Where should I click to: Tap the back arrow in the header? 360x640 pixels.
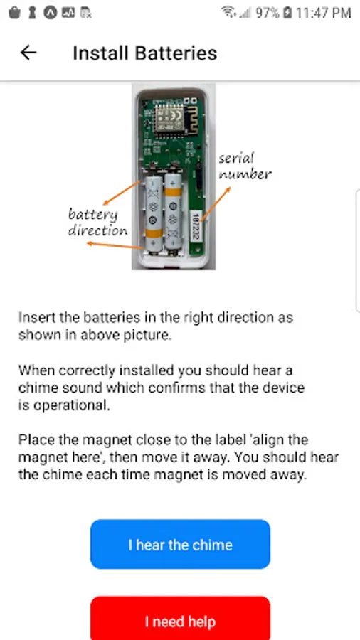(x=28, y=53)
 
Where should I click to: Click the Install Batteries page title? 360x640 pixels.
(x=145, y=53)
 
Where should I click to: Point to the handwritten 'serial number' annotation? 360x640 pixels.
(x=244, y=166)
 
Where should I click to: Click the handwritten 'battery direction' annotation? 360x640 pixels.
(x=97, y=223)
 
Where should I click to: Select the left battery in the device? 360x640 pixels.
(x=153, y=216)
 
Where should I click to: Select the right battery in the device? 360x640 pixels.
(x=173, y=212)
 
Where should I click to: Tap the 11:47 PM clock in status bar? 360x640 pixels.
(x=323, y=13)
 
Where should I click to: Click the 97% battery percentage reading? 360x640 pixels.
(x=268, y=13)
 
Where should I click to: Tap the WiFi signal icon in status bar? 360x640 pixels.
(x=228, y=12)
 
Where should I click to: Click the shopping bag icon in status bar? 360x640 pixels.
(x=14, y=13)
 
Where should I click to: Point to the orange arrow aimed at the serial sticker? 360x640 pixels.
(x=215, y=204)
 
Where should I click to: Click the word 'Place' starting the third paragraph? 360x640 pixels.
(x=36, y=440)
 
